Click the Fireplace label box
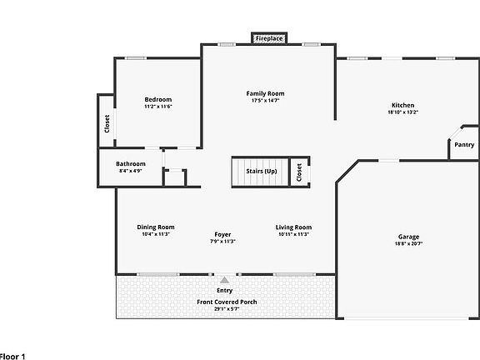pos(269,38)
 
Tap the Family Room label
pos(265,93)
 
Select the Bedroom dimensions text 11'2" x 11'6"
pos(158,107)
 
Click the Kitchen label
pos(402,105)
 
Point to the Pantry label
pos(464,144)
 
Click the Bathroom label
pos(131,164)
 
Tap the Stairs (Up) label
pos(262,171)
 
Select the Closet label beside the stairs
pos(299,172)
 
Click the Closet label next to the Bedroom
pos(107,123)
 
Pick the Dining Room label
pos(156,227)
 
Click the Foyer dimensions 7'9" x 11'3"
pos(222,241)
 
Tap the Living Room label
pos(293,227)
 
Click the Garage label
pos(408,237)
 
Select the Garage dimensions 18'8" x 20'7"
pos(408,243)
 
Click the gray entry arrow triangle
pos(225,280)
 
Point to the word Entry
pos(225,290)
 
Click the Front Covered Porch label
pos(227,302)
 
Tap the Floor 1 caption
pos(12,357)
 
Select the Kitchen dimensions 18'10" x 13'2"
pos(402,112)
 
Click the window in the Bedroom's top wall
pos(135,57)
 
